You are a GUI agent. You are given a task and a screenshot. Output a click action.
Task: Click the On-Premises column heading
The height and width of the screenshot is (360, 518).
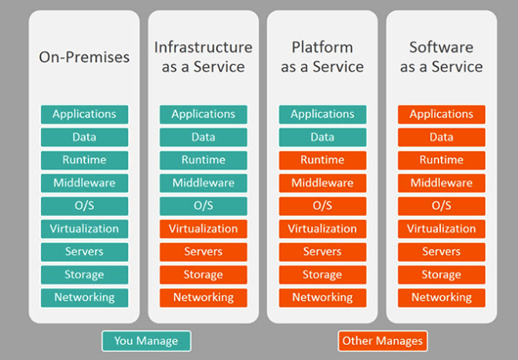pyautogui.click(x=84, y=57)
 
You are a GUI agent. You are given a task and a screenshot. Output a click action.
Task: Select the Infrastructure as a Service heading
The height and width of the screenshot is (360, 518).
pyautogui.click(x=203, y=57)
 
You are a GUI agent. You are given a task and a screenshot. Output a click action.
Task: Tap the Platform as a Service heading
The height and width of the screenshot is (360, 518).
pyautogui.click(x=322, y=57)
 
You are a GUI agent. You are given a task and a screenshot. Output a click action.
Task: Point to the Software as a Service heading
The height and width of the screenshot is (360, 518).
pyautogui.click(x=441, y=57)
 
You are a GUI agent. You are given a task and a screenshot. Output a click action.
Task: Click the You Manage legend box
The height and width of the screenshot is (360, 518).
pyautogui.click(x=146, y=341)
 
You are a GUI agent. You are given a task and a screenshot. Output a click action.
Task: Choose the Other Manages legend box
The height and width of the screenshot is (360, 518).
pyautogui.click(x=383, y=341)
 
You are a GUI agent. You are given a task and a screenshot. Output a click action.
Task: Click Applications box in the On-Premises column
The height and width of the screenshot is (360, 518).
pyautogui.click(x=85, y=114)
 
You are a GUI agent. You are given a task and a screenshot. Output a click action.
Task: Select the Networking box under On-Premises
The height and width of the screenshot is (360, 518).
pyautogui.click(x=85, y=298)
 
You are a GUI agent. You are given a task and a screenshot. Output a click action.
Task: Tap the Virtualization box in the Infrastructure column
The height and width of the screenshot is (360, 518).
pyautogui.click(x=203, y=229)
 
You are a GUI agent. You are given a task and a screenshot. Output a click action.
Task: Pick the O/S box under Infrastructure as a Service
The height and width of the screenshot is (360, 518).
pyautogui.click(x=203, y=206)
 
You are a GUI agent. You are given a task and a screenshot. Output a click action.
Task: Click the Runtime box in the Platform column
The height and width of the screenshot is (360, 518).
pyautogui.click(x=322, y=160)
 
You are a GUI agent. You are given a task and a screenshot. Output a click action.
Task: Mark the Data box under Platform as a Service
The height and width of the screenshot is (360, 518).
pyautogui.click(x=322, y=137)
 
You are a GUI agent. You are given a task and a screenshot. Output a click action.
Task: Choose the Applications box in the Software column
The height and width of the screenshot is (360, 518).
pyautogui.click(x=441, y=114)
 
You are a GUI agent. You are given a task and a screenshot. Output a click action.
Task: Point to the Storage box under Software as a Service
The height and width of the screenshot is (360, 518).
pyautogui.click(x=441, y=275)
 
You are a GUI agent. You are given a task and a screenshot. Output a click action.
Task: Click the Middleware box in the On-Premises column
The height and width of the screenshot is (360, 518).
pyautogui.click(x=85, y=183)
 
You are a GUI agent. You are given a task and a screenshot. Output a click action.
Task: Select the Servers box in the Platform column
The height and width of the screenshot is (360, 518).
pyautogui.click(x=322, y=252)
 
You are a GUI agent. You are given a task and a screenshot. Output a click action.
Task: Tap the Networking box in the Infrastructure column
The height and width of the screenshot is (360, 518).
pyautogui.click(x=203, y=298)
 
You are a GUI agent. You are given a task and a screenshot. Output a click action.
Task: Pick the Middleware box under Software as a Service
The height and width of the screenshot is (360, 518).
pyautogui.click(x=441, y=183)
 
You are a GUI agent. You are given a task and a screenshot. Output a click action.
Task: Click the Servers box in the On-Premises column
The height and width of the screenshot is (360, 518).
pyautogui.click(x=85, y=252)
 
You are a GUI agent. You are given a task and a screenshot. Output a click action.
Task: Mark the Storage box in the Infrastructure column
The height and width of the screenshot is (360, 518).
pyautogui.click(x=203, y=275)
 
